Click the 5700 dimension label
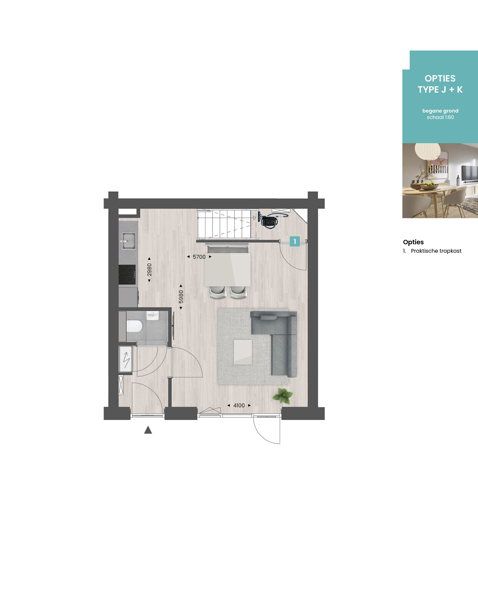click(199, 257)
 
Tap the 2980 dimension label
click(149, 270)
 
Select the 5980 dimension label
click(181, 296)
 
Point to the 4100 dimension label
click(239, 405)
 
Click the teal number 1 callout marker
click(295, 241)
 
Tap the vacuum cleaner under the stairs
click(270, 220)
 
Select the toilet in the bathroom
click(134, 326)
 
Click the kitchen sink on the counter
click(128, 241)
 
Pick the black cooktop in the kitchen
click(127, 275)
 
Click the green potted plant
click(283, 396)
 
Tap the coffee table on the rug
click(243, 352)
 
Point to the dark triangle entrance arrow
click(148, 430)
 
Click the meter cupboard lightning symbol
click(126, 359)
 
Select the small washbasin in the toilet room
click(152, 316)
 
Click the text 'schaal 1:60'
click(440, 117)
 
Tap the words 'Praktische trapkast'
click(436, 251)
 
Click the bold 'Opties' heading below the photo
click(413, 242)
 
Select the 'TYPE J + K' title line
click(440, 90)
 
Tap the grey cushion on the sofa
click(268, 317)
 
